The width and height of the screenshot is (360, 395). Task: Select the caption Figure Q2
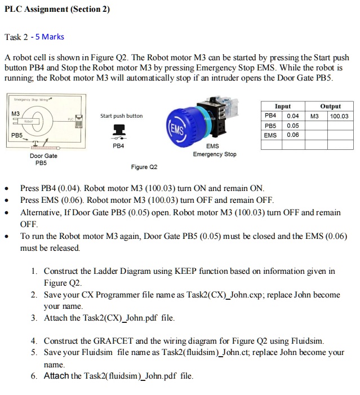pyautogui.click(x=144, y=167)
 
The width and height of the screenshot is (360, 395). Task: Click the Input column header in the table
pyautogui.click(x=283, y=106)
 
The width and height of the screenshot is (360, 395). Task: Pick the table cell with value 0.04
pyautogui.click(x=293, y=116)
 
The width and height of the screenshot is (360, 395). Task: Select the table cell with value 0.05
pyautogui.click(x=293, y=126)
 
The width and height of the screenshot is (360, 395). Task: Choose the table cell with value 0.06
pyautogui.click(x=293, y=135)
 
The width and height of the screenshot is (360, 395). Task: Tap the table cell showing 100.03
pyautogui.click(x=339, y=116)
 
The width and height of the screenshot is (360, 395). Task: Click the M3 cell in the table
pyautogui.click(x=315, y=116)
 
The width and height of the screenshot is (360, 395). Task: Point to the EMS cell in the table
pyautogui.click(x=271, y=135)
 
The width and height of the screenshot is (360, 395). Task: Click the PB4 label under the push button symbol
pyautogui.click(x=118, y=145)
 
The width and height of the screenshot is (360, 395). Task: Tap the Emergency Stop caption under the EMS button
pyautogui.click(x=215, y=154)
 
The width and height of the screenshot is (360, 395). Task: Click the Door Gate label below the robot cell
pyautogui.click(x=43, y=156)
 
